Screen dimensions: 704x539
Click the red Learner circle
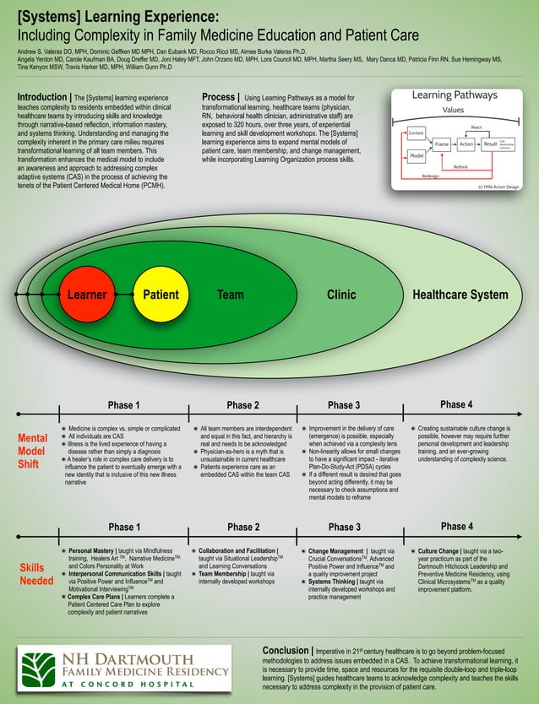coord(86,295)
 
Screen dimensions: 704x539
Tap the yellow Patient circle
coord(161,295)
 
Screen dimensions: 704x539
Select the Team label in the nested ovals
coord(230,295)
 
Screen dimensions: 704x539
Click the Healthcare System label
coord(460,295)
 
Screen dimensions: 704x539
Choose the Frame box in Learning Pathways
coord(441,145)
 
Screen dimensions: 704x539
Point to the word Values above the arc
coord(459,110)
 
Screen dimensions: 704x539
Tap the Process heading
coord(220,98)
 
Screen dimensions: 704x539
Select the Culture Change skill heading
coord(445,550)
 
